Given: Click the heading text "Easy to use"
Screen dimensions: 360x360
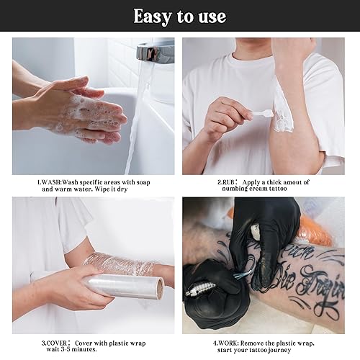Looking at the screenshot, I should pyautogui.click(x=179, y=16).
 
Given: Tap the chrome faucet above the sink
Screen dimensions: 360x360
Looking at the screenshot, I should pyautogui.click(x=154, y=52).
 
